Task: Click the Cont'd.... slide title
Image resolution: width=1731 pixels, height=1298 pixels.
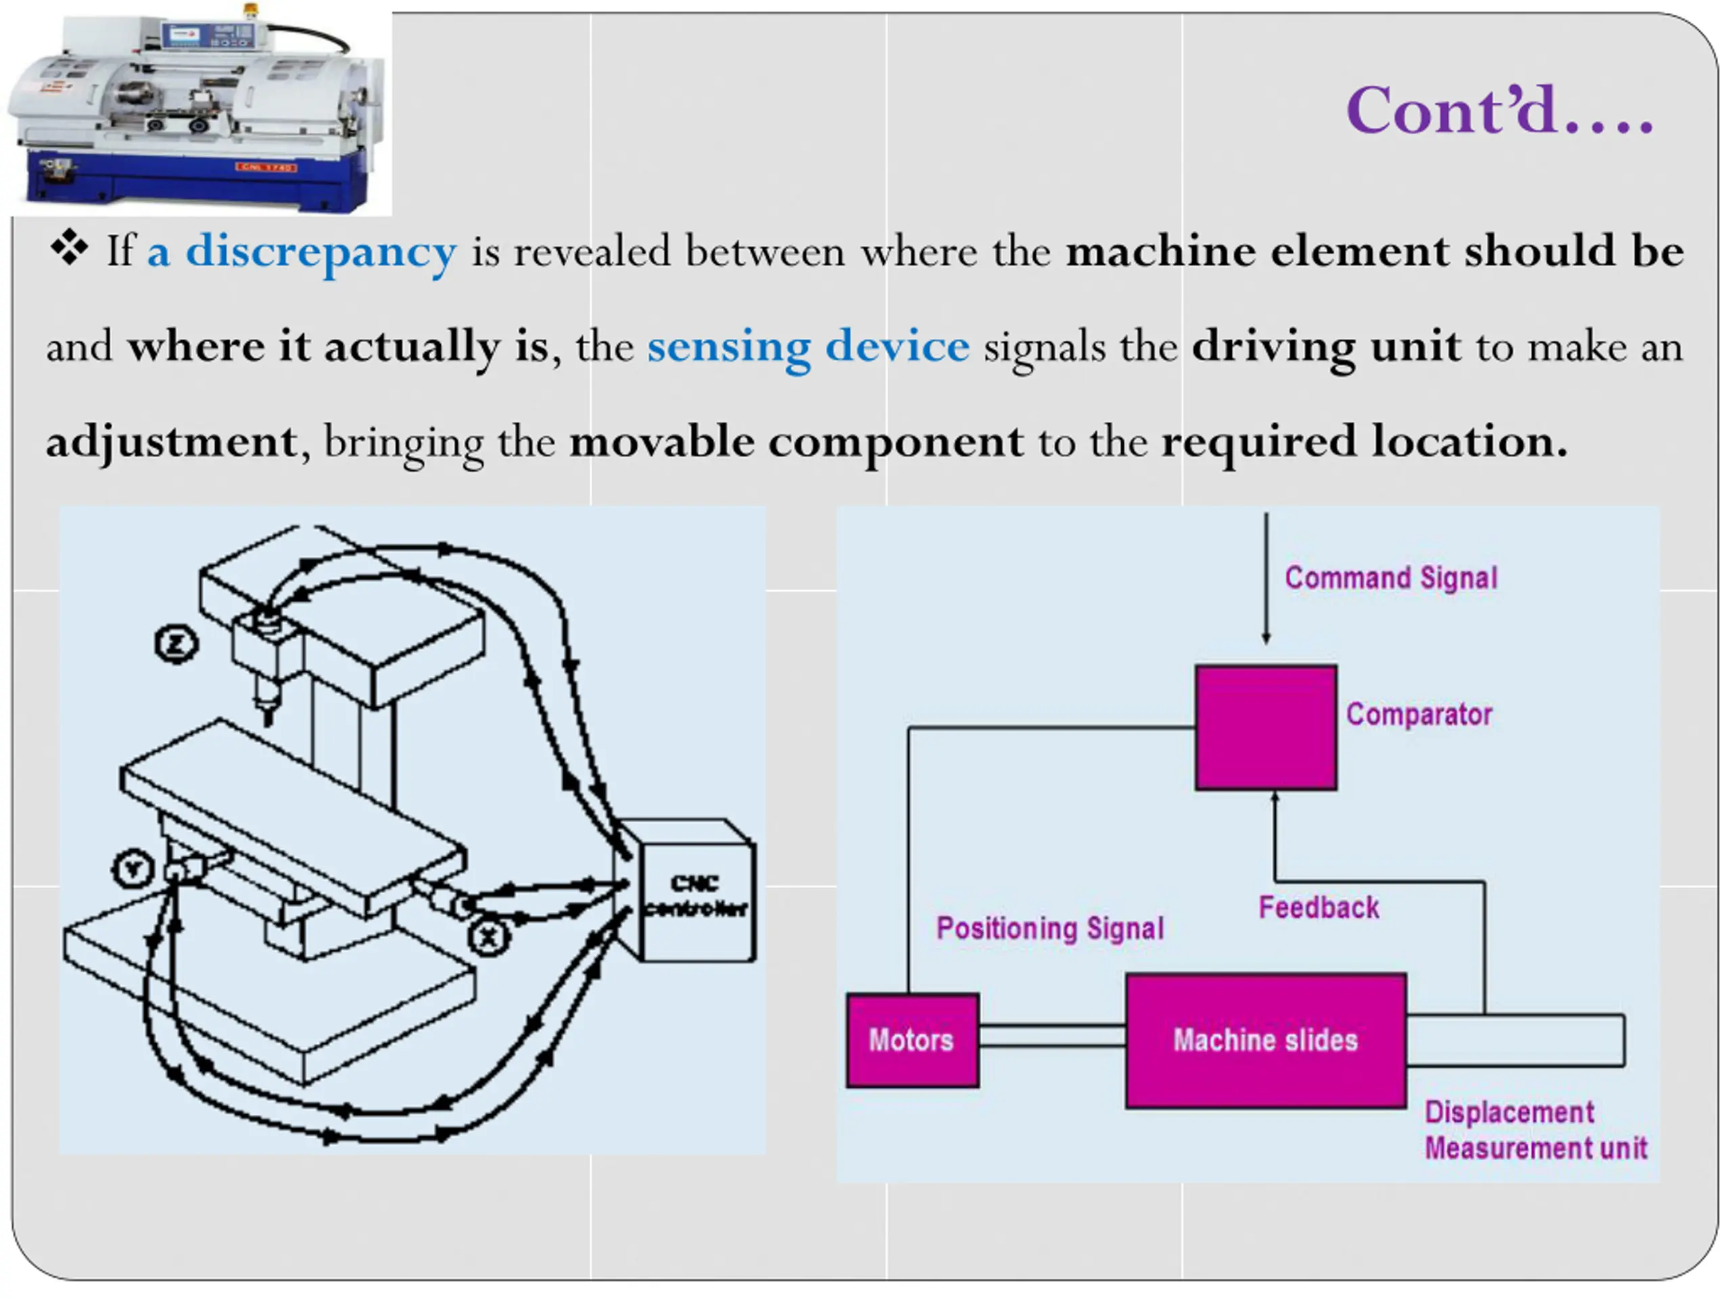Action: [1498, 111]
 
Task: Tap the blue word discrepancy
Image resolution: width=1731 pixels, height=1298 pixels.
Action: [321, 252]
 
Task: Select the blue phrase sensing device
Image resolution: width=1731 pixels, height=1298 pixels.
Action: [807, 347]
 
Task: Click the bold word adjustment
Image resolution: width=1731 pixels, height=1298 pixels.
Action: [171, 442]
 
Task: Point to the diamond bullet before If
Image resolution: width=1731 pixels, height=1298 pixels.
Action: [69, 247]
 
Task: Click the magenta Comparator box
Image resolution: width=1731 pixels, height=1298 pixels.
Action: [1265, 727]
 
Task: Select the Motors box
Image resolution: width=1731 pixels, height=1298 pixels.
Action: [911, 1040]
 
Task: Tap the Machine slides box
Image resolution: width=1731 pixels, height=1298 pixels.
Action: [1265, 1040]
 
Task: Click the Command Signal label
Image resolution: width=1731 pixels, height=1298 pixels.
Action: [1391, 578]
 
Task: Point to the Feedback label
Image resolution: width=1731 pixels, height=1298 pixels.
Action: [1319, 907]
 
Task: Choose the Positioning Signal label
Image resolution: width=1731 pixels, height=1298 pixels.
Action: [1050, 928]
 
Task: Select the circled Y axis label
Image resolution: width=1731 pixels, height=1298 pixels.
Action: [134, 869]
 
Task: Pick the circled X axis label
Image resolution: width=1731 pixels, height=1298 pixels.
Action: [489, 936]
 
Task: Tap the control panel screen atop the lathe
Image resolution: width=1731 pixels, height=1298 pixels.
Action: [185, 34]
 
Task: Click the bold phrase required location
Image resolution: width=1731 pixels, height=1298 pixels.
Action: [1364, 442]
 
